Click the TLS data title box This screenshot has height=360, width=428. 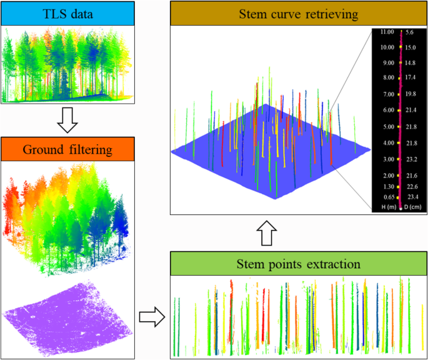(68, 14)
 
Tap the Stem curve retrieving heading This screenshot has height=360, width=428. (297, 14)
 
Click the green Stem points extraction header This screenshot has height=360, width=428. (297, 263)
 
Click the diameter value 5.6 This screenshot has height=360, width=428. (411, 31)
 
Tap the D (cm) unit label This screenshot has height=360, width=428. (413, 207)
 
